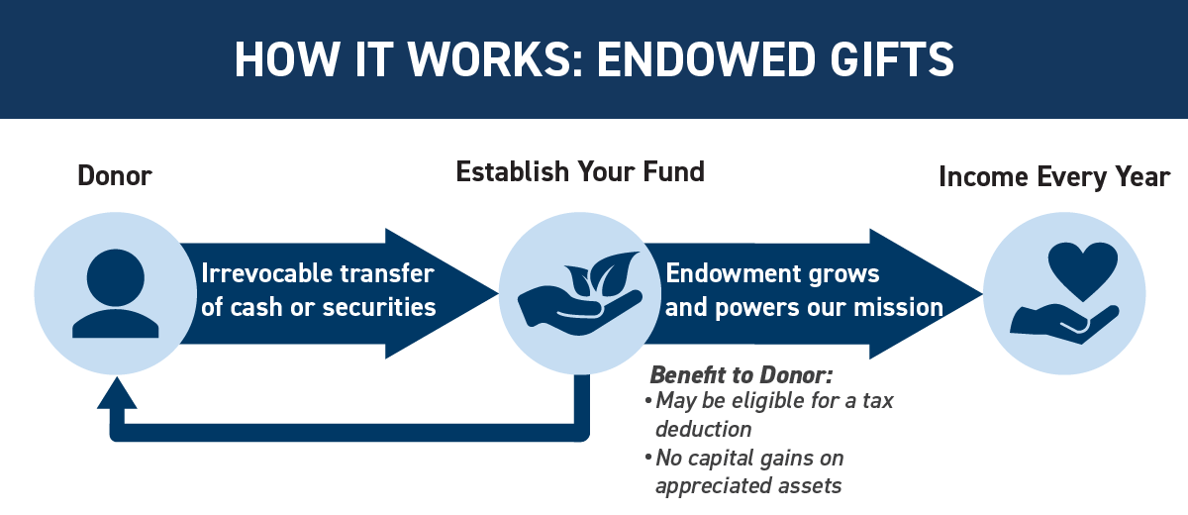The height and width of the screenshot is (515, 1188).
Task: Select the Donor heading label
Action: click(115, 175)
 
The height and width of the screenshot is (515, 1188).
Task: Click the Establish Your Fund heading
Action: click(580, 172)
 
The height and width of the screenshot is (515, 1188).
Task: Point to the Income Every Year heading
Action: click(1053, 177)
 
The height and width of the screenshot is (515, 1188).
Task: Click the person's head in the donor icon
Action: click(115, 277)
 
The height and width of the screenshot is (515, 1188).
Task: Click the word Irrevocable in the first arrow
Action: click(267, 273)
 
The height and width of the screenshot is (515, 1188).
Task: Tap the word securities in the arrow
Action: click(378, 308)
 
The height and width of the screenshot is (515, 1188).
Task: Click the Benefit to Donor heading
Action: click(742, 375)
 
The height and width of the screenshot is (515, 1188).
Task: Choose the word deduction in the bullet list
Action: click(703, 429)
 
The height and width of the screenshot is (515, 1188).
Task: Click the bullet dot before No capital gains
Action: click(648, 458)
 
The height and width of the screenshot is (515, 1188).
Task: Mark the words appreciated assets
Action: click(748, 486)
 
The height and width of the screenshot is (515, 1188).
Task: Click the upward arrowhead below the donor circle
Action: click(117, 393)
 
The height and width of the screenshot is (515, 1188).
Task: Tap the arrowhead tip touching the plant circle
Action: click(498, 293)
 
